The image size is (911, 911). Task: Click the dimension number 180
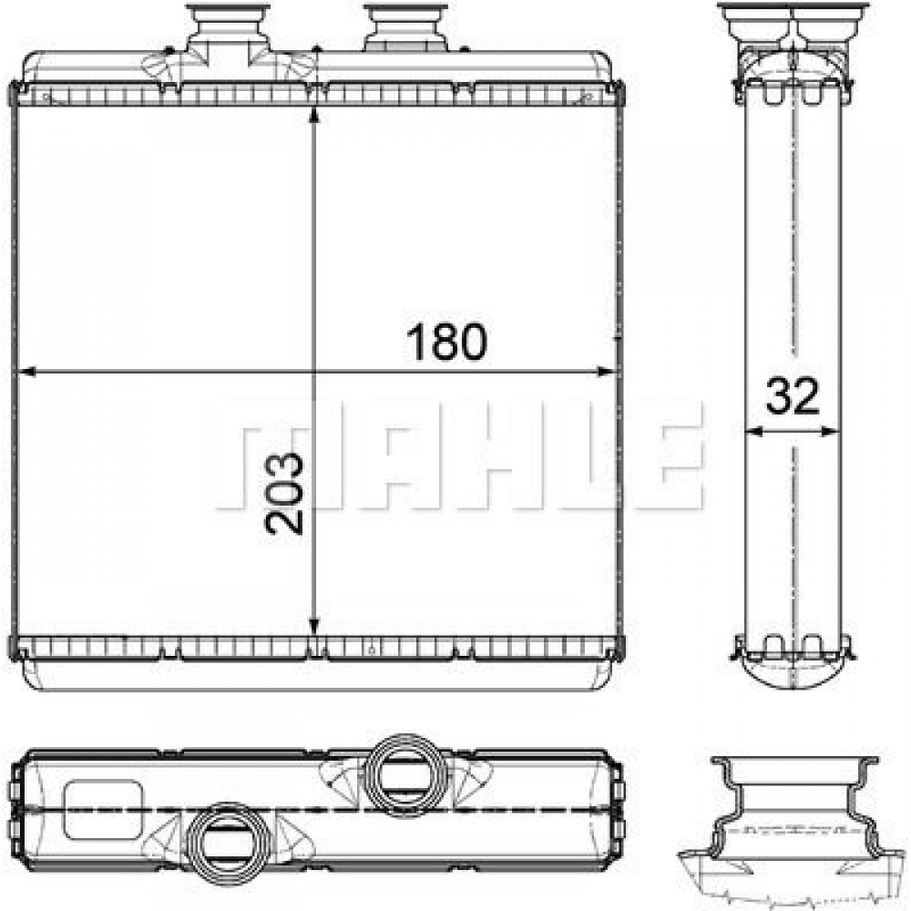click(x=446, y=342)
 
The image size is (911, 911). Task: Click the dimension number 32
click(x=792, y=398)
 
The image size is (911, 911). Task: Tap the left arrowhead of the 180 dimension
click(x=26, y=372)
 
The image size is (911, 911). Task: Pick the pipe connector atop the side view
click(x=793, y=27)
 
